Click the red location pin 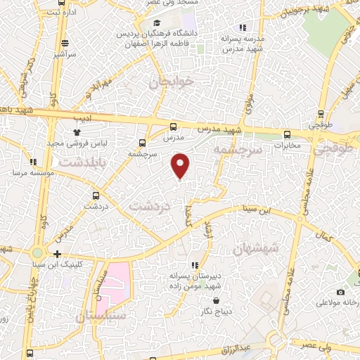(181, 165)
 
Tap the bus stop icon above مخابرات (286, 134)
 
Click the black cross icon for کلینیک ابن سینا (57, 254)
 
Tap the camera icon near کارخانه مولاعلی (341, 292)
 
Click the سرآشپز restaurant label (65, 53)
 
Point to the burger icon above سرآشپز (65, 41)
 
